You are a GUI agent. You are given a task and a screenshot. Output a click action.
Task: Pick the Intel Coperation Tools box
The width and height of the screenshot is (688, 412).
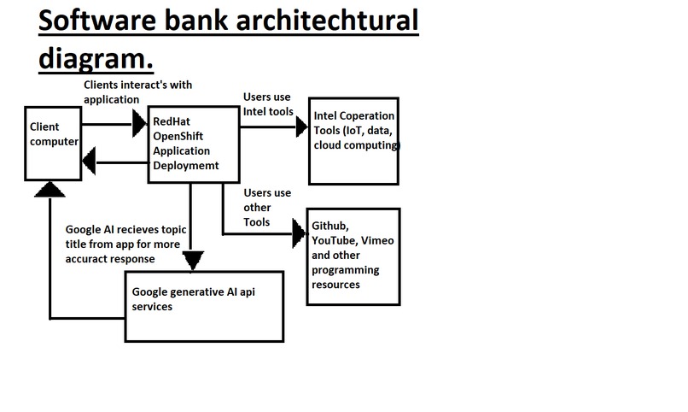pos(353,141)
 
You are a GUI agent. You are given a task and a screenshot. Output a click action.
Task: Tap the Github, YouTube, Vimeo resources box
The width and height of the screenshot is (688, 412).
pos(353,256)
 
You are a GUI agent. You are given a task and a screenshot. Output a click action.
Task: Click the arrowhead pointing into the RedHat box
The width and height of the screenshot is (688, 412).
pos(140,124)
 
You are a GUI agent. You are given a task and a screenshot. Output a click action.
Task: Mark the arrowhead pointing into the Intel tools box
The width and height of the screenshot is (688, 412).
pos(300,127)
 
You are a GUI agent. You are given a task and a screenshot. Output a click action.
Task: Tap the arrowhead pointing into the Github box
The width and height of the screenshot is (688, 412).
pos(299,232)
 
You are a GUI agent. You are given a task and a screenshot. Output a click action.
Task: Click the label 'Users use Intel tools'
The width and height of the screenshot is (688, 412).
pos(268,103)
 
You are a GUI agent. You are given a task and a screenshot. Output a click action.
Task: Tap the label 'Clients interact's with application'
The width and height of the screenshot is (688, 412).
pos(137,91)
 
